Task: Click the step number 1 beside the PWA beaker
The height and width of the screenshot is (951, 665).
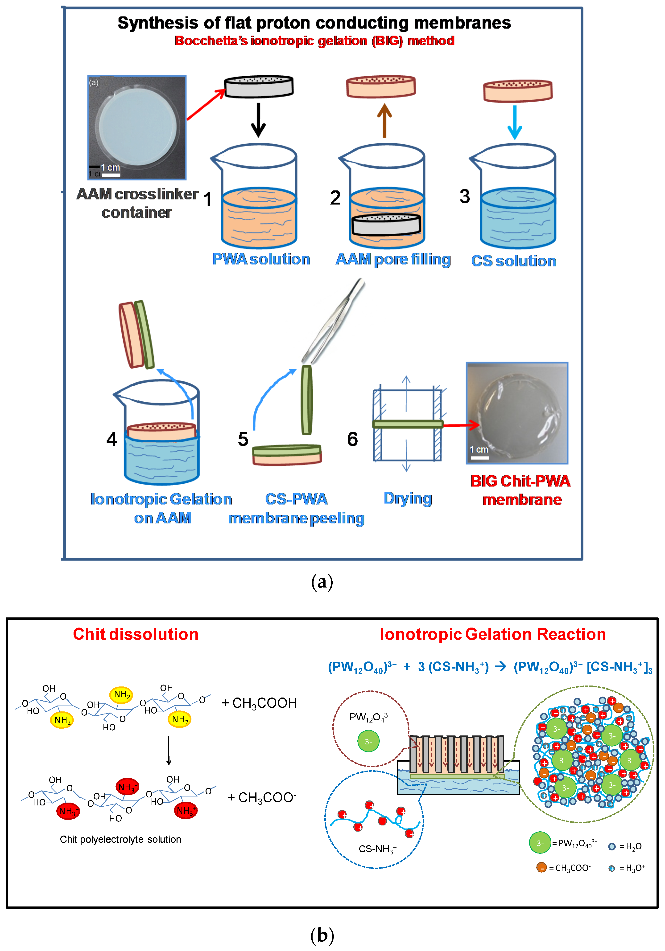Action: point(208,199)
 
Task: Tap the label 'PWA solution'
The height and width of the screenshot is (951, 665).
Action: point(261,259)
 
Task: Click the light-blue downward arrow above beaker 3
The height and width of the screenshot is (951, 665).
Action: point(515,122)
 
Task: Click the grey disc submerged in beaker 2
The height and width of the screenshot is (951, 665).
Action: point(386,224)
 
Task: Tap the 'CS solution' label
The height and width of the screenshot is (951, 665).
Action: point(514,261)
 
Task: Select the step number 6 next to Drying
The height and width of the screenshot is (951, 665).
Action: point(352,439)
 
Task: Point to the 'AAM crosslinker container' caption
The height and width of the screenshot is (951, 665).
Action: point(137,203)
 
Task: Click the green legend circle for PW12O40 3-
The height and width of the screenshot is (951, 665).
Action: point(540,843)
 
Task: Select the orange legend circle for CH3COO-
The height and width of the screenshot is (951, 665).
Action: point(541,867)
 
